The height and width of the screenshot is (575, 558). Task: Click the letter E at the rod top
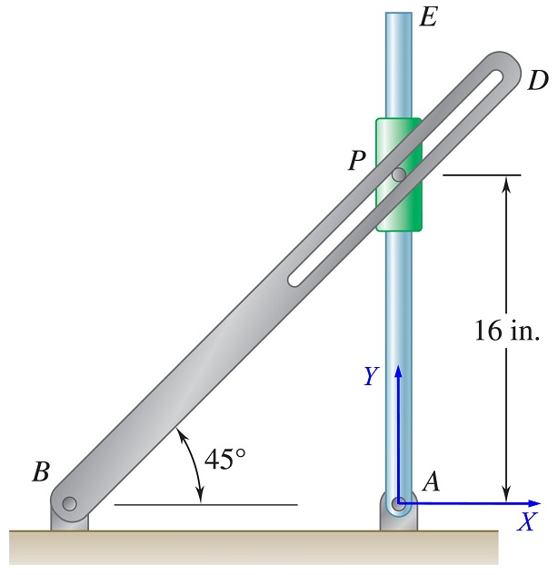click(428, 18)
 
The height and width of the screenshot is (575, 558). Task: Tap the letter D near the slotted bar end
click(537, 80)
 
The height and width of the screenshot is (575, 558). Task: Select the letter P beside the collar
click(357, 161)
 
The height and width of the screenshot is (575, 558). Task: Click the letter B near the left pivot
click(41, 471)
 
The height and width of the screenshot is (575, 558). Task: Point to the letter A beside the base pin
click(431, 483)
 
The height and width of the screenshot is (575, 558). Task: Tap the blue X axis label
click(526, 522)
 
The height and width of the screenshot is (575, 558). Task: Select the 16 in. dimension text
click(506, 331)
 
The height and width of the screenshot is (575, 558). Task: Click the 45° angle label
click(224, 460)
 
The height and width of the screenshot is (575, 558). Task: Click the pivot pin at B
click(69, 504)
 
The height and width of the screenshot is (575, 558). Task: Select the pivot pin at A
click(398, 502)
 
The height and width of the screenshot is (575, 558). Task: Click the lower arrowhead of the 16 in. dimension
click(507, 495)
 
